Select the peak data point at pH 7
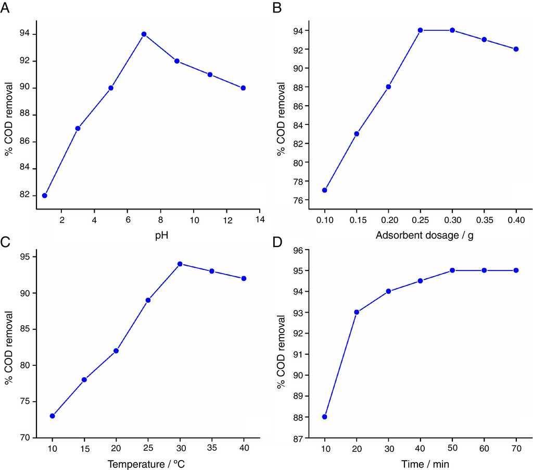[x=144, y=34]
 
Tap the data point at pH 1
[x=45, y=195]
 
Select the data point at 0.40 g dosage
[x=516, y=49]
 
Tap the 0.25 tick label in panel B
[x=420, y=220]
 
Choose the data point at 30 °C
[x=180, y=264]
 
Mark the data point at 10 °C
[x=53, y=416]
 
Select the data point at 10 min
[x=325, y=417]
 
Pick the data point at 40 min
[x=421, y=281]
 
